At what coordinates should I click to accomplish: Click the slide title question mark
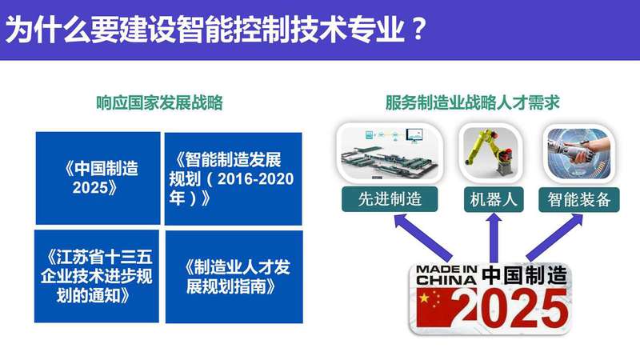pos(417,29)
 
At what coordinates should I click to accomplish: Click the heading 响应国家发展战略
pos(159,102)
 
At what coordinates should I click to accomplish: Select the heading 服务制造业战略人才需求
pos(472,102)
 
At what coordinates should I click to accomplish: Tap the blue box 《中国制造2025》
pos(98,178)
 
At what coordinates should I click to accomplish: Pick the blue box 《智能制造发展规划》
pos(233,178)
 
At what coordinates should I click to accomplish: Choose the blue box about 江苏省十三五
pos(97,276)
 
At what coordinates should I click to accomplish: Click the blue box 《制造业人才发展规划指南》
pos(234,277)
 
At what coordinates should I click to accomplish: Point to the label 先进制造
pos(390,199)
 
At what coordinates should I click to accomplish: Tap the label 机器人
pos(494,199)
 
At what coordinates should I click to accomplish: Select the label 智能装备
pos(579,199)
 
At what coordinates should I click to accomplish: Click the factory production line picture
pos(390,153)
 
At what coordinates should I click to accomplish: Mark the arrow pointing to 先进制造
pos(423,238)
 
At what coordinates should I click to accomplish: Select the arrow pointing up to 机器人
pos(494,238)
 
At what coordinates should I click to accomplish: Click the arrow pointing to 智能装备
pos(554,238)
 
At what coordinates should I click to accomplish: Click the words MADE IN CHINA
pos(446,274)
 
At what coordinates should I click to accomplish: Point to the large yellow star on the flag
pos(425,298)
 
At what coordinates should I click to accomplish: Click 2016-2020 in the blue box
pos(255,178)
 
